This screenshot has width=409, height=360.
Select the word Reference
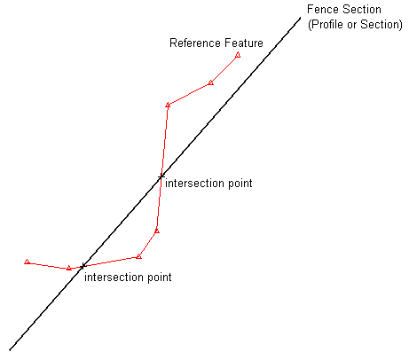tap(195, 43)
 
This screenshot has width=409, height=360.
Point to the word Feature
tap(244, 43)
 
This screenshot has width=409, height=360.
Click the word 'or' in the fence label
tap(352, 25)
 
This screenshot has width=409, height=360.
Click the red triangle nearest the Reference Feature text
tap(238, 55)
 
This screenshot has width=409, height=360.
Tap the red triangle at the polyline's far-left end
tap(28, 262)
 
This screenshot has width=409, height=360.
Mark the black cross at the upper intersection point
tap(161, 176)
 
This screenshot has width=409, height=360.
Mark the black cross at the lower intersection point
tap(83, 266)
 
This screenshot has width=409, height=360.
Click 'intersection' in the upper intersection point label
tap(193, 184)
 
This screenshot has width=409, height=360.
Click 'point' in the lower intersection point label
tap(159, 278)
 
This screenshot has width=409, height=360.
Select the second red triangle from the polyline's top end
tap(210, 82)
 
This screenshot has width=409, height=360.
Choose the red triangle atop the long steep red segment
tap(168, 106)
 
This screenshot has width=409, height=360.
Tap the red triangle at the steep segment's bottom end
tap(157, 231)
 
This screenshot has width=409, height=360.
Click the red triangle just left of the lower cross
tap(69, 268)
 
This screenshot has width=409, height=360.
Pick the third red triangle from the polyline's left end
tap(138, 256)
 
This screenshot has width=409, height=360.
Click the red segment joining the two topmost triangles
tap(224, 69)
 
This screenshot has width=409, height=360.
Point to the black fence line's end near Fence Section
tap(301, 18)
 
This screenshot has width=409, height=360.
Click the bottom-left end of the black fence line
tap(10, 350)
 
